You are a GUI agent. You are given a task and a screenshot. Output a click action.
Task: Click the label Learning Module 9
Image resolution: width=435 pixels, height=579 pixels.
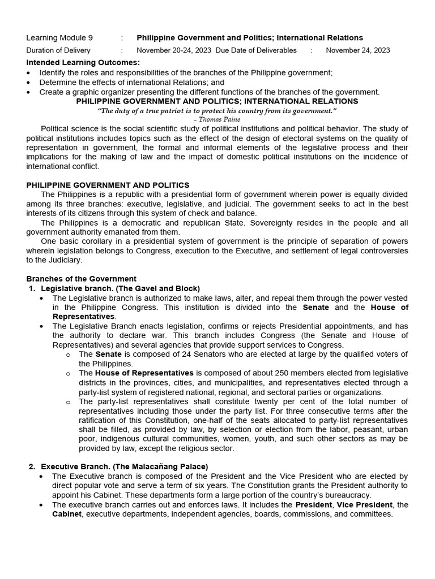[59, 38]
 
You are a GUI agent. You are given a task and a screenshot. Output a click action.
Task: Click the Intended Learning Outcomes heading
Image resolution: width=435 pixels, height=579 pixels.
[83, 62]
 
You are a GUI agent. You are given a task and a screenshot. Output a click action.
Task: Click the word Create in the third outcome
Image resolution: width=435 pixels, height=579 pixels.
[52, 92]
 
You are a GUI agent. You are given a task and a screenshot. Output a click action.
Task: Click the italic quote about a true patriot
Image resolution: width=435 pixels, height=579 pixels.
[217, 111]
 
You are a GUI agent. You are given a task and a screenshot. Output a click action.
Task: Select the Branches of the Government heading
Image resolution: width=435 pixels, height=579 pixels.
[82, 279]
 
